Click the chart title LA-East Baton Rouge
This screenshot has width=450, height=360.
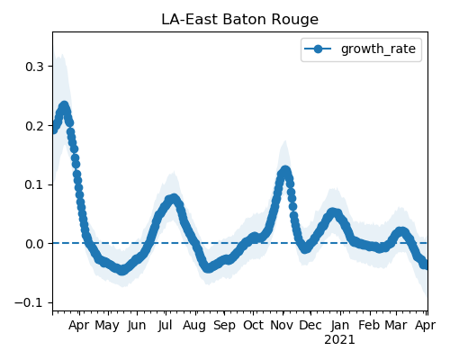pos(239,20)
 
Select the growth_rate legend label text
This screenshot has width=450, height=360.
pos(378,49)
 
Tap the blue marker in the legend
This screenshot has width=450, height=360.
pos(318,49)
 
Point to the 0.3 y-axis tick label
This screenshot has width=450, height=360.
pos(35,67)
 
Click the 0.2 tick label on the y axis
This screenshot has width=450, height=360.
pos(35,126)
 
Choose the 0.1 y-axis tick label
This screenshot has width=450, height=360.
pos(35,184)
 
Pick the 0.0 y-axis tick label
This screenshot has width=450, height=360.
pos(35,244)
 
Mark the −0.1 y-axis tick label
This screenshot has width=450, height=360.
pos(30,303)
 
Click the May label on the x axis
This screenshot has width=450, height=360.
pos(107,326)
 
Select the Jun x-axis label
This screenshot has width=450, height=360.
pos(137,326)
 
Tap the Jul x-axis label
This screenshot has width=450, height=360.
pos(165,326)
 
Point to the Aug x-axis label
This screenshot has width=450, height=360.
pos(194,326)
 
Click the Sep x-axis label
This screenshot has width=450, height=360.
pos(224,326)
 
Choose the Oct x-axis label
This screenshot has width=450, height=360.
pos(253,326)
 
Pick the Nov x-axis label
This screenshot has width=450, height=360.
pos(282,326)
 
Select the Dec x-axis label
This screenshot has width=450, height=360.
pos(310,326)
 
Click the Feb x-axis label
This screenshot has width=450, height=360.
pos(369,326)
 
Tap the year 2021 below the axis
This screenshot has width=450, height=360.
pos(339,340)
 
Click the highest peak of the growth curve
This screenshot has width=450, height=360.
pos(65,106)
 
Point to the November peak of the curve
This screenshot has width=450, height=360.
pos(284,171)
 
